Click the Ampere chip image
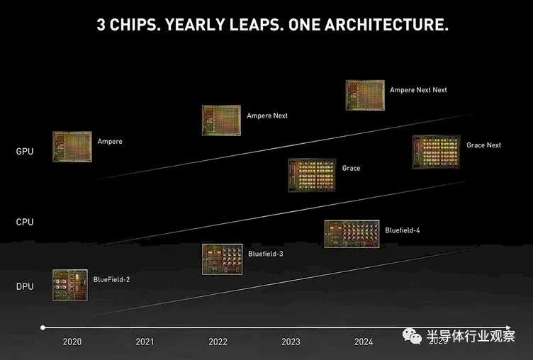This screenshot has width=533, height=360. pos(72,146)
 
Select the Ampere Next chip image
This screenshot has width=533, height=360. pos(222,120)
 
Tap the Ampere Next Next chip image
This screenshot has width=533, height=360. pos(365,95)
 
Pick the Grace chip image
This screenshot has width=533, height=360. pos(312,174)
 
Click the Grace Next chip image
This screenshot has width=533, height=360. pos(436,152)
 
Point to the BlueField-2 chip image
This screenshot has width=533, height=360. pos(70,284)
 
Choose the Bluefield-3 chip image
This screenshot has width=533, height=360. pos(222,258)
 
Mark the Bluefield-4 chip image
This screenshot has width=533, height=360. pos(352,234)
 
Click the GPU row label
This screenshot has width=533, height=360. pos(25,151)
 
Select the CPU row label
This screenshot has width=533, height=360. pos(25,222)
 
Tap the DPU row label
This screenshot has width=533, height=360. pos(25,286)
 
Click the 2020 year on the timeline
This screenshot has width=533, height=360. pos(72,342)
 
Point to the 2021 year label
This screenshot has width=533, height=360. pos(145,342)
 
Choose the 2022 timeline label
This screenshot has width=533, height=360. pos(218,342)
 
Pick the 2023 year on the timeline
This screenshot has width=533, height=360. pos(291,342)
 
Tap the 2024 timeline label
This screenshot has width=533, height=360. pos(364,342)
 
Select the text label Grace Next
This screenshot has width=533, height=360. pos(483,145)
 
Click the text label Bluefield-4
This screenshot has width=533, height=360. pos(403,230)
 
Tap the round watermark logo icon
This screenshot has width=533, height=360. pos(412,336)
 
